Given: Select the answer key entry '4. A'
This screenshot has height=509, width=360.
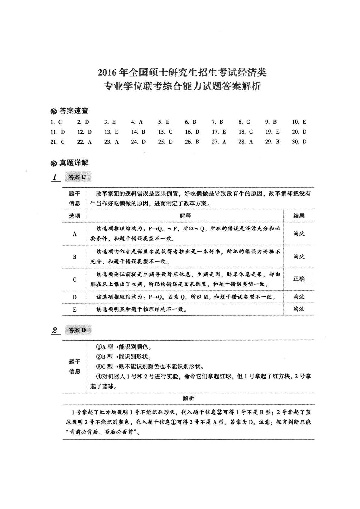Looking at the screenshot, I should pos(137,122).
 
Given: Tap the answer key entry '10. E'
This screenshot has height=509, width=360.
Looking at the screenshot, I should pos(299,122).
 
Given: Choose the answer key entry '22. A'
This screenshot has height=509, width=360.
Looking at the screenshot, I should pos(84,142).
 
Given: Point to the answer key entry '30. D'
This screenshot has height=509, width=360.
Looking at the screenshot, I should pos(299,142).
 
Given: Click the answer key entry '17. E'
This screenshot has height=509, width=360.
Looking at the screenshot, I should pos(219,132).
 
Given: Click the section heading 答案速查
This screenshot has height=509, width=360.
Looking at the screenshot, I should pos(74,111).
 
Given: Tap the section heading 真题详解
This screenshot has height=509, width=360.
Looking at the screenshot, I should pos(74,163).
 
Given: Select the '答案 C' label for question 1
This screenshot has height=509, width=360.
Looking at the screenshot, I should pos(77,177).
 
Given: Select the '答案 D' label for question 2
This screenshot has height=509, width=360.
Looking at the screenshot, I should pos(77,330).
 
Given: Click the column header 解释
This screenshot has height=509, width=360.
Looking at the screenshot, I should pos(185,216).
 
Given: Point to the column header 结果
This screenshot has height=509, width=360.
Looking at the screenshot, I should pos(299,216).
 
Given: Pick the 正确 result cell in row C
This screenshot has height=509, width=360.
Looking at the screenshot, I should pos(299,279).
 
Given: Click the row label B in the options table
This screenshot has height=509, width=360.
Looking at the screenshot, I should pos(74,257).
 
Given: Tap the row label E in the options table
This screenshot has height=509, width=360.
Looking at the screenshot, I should pos(74,309).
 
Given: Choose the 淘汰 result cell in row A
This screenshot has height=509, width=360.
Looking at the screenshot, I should pos(299,233).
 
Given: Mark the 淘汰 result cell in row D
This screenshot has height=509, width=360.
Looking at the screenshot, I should pos(299,297).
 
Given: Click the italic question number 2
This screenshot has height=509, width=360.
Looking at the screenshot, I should pos(55,330).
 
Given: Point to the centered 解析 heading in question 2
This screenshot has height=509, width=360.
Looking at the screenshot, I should pos(188,399).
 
